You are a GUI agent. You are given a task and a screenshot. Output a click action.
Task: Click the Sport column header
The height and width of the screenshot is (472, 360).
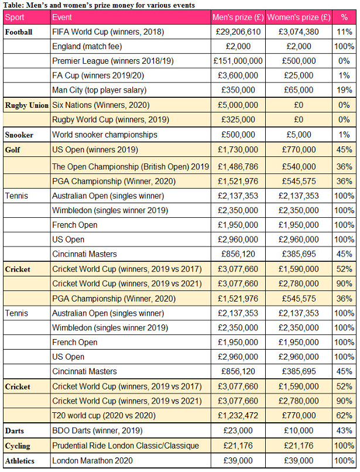pyautogui.click(x=15, y=17)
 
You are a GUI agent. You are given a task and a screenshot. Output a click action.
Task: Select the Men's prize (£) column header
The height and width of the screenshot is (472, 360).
pyautogui.click(x=238, y=17)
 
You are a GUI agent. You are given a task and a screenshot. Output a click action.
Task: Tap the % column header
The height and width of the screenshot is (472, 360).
pyautogui.click(x=344, y=17)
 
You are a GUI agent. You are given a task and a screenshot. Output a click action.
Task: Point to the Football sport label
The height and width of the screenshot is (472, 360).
pyautogui.click(x=19, y=32)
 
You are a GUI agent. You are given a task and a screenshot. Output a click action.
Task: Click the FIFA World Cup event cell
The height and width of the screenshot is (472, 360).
pyautogui.click(x=108, y=32)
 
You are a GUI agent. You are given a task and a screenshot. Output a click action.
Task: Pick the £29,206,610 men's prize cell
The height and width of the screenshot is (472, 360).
pyautogui.click(x=238, y=32)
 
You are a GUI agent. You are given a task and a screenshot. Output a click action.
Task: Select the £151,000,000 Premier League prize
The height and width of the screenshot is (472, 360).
pyautogui.click(x=238, y=61)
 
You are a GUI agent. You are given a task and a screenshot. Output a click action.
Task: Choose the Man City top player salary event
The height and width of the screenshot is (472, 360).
pyautogui.click(x=100, y=90)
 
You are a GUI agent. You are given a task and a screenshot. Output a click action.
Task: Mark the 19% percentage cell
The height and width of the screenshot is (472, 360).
pyautogui.click(x=344, y=90)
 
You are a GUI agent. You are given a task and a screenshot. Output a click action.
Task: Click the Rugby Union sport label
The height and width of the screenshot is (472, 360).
pyautogui.click(x=27, y=105)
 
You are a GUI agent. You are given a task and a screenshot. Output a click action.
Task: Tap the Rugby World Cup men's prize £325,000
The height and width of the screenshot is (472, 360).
pyautogui.click(x=238, y=120)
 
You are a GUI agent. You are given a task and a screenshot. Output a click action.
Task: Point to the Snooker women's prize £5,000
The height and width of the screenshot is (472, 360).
pyautogui.click(x=299, y=135)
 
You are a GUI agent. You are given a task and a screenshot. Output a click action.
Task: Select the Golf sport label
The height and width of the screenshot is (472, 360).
pyautogui.click(x=12, y=149)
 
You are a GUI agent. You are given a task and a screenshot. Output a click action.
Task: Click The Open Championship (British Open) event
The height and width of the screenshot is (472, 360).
pyautogui.click(x=131, y=167)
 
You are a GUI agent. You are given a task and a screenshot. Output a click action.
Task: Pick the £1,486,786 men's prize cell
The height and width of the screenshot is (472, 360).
pyautogui.click(x=238, y=167)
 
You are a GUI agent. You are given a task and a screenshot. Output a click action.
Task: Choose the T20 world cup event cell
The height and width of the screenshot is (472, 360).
pyautogui.click(x=104, y=416)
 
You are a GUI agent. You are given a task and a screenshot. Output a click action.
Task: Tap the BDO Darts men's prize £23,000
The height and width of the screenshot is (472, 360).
pyautogui.click(x=238, y=430)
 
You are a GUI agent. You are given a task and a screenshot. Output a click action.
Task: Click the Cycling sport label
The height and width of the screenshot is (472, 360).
pyautogui.click(x=18, y=446)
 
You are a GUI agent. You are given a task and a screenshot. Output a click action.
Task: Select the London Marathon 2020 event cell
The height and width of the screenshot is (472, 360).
pyautogui.click(x=92, y=460)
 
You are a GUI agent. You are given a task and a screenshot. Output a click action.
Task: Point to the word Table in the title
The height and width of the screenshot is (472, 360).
pyautogui.click(x=14, y=5)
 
